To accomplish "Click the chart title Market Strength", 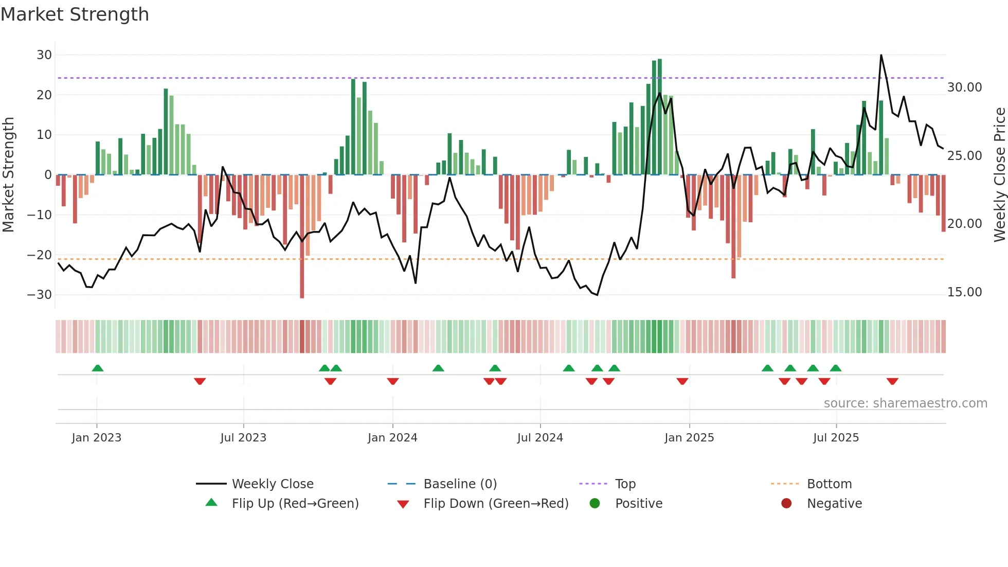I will [x=75, y=14].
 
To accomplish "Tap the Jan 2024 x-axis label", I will [x=392, y=438].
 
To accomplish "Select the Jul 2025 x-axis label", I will [x=836, y=438].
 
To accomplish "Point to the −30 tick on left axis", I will [x=39, y=295].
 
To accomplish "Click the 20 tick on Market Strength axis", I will [x=44, y=95].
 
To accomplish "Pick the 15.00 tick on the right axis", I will [x=964, y=292].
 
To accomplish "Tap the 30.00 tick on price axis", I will [x=964, y=87].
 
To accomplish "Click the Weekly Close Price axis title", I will [x=999, y=175].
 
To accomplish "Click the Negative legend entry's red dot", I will [x=786, y=504].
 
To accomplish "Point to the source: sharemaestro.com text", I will [x=905, y=403].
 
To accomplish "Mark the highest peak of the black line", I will [x=881, y=56].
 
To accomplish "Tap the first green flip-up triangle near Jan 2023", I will [x=97, y=368].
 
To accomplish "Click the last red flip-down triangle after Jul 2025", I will [x=892, y=381].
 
